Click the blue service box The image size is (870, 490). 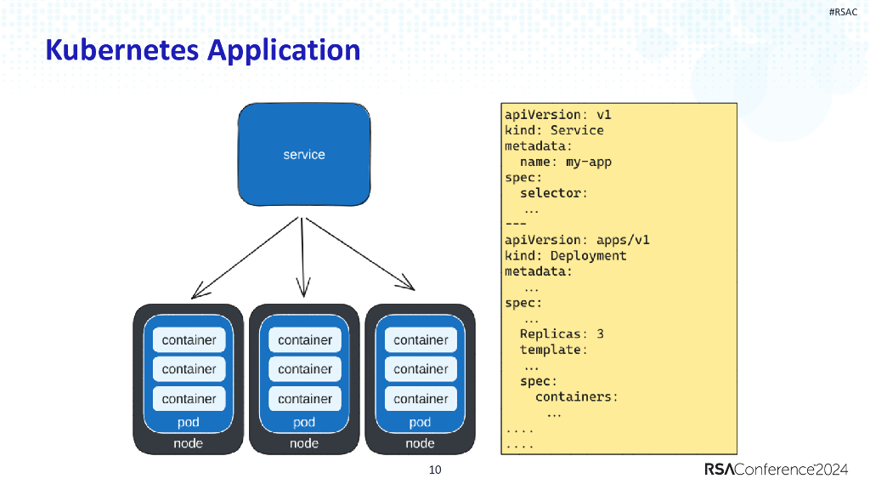tap(304, 154)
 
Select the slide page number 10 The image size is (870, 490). tap(435, 470)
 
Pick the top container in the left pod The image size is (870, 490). tap(189, 340)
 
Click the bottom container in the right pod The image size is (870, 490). tap(421, 398)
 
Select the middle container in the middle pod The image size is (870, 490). tap(304, 369)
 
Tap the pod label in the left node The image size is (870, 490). tap(189, 422)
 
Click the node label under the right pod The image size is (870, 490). tap(421, 443)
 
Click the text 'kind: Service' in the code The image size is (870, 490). tap(554, 130)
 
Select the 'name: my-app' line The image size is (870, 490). tap(565, 162)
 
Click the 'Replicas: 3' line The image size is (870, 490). tap(562, 334)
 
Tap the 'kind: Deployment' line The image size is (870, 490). tap(565, 255)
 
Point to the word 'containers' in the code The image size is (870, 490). tap(576, 396)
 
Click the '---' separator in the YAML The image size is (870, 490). tap(516, 224)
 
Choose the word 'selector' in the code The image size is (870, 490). tap(553, 193)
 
